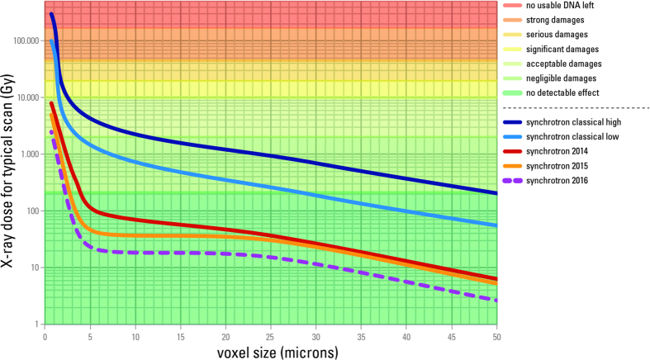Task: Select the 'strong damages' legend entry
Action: pos(552,20)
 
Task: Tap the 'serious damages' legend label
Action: pos(553,35)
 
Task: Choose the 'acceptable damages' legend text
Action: pos(557,64)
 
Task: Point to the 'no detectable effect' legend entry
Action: pos(558,92)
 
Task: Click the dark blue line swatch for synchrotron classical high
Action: pos(510,122)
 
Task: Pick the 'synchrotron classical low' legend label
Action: pos(568,137)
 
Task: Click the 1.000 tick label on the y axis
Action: pos(27,154)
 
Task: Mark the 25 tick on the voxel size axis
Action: pos(270,337)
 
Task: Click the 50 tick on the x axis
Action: pos(496,337)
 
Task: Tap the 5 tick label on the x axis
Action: pos(90,337)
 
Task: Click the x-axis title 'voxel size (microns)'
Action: pos(270,352)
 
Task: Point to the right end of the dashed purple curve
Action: pos(496,301)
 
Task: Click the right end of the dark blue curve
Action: pos(496,193)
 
